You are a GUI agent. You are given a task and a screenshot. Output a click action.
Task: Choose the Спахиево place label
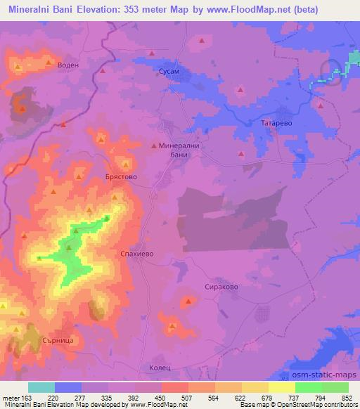pos(134,251)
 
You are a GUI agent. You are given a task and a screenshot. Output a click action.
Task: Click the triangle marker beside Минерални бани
pos(155,145)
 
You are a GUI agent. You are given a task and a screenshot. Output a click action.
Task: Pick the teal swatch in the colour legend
pos(41,387)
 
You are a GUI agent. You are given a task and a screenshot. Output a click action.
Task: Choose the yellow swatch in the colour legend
pos(281,387)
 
